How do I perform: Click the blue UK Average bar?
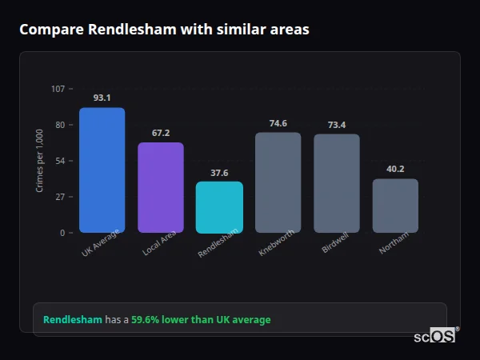pos(102,170)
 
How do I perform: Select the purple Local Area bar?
pos(160,187)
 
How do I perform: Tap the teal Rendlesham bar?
pos(219,207)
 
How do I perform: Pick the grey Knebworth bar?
pos(278,182)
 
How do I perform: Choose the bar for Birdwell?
pos(336,183)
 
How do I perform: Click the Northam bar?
pos(395,206)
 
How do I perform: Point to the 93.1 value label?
pos(102,98)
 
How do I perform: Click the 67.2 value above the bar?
pos(160,133)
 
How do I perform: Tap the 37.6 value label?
pos(219,172)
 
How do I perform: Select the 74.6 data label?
pos(278,123)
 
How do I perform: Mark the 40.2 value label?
pos(395,169)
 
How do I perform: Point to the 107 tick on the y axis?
pos(58,89)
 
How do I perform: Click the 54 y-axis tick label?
pos(60,161)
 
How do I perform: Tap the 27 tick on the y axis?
pos(60,197)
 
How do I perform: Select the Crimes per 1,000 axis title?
pos(40,161)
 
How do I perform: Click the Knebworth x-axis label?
pos(277,243)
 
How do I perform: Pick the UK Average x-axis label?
pos(100,243)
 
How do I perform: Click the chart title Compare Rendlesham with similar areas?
pos(164,30)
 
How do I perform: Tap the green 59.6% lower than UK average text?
pos(201,320)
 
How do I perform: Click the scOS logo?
pos(434,336)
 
